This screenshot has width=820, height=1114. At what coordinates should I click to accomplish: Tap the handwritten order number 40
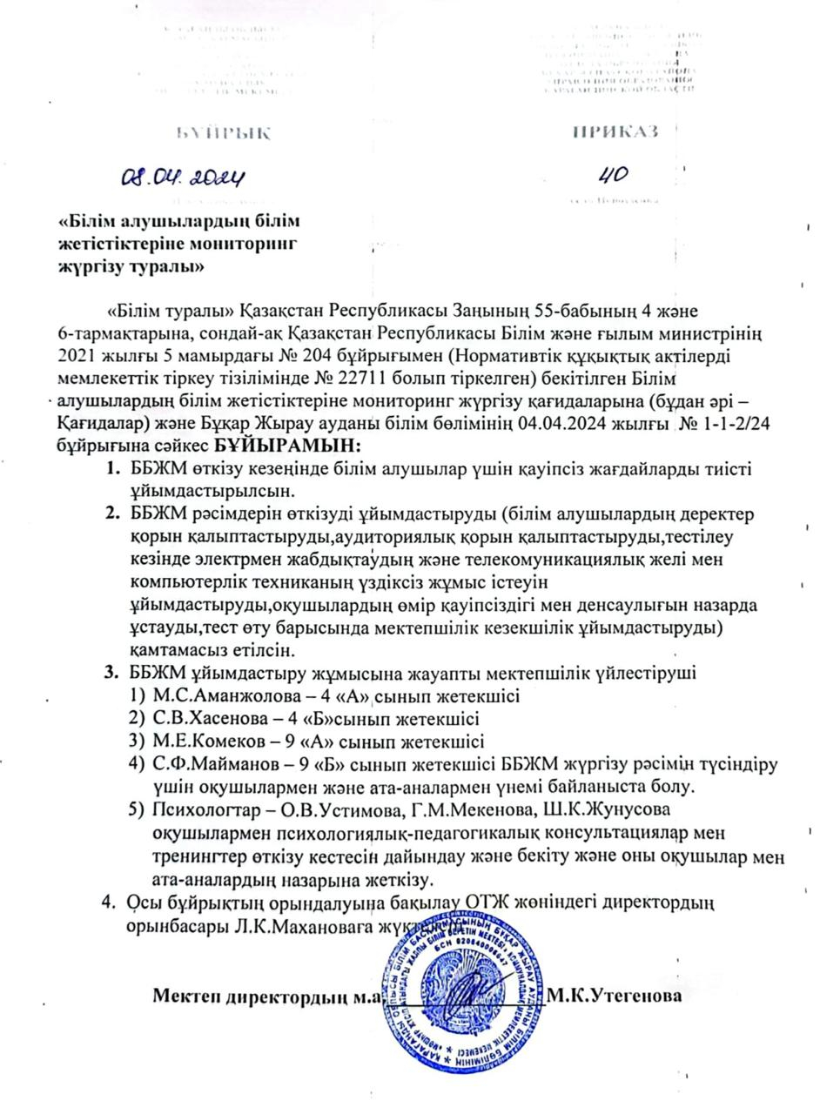tap(612, 176)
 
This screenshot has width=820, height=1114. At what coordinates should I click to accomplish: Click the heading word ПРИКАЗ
tap(615, 131)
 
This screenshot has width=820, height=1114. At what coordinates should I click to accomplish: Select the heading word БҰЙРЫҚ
tap(224, 133)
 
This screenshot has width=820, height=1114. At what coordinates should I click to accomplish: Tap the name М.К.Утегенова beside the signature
tap(614, 996)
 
